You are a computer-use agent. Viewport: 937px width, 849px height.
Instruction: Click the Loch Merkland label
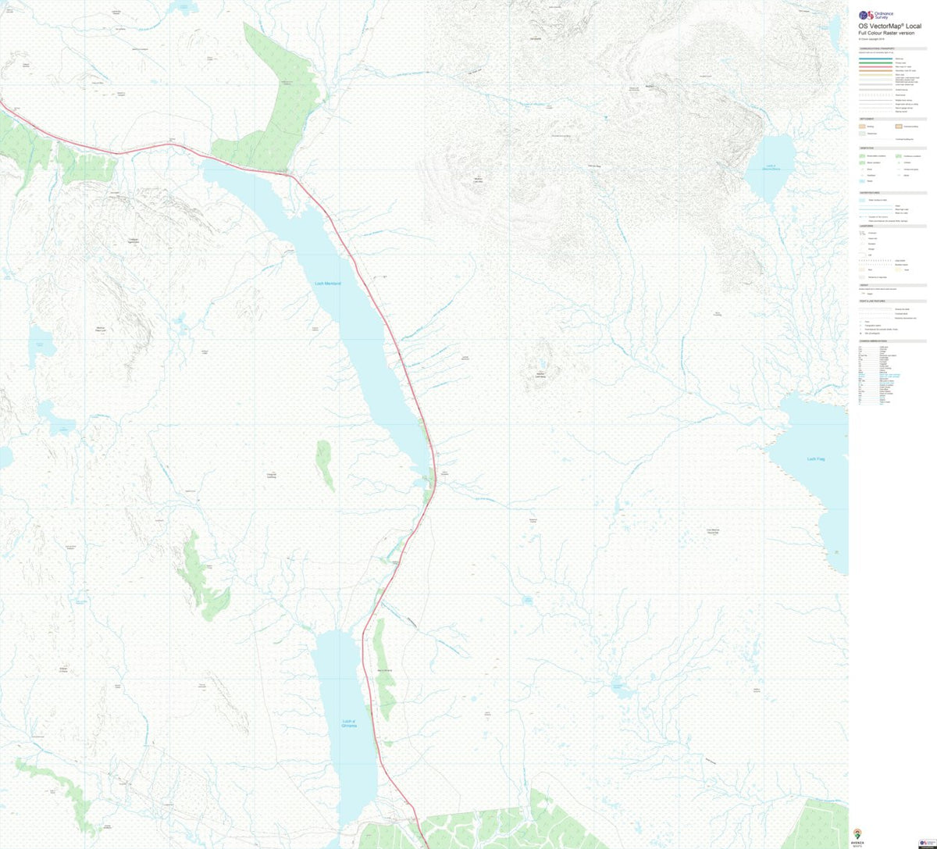click(328, 284)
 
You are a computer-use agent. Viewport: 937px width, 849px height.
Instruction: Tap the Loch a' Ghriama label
click(349, 723)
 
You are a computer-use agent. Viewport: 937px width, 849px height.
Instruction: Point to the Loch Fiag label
click(816, 459)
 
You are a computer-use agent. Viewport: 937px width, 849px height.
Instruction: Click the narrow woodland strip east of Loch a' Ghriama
click(383, 672)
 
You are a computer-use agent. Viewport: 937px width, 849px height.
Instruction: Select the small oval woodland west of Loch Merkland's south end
click(325, 464)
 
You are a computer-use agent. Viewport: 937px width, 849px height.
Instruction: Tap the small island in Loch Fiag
click(836, 551)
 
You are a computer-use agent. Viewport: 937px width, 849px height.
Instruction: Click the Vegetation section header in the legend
click(868, 148)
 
